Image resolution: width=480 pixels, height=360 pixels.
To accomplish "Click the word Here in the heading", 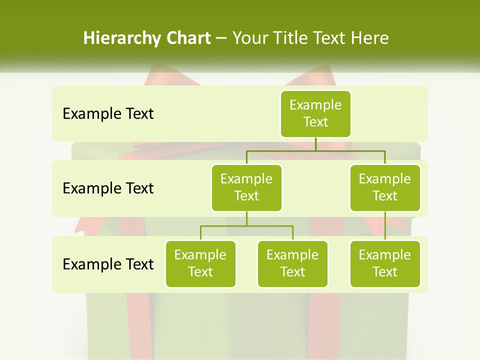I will [370, 38].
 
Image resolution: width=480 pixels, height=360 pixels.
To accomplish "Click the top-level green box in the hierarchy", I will [315, 113].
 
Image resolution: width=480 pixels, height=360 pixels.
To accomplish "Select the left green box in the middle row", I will [246, 187].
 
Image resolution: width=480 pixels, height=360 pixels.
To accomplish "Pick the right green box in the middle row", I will [385, 187].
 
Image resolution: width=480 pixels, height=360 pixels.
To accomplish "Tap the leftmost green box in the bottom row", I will [200, 263].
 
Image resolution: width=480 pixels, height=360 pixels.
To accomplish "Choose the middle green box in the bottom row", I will [292, 263].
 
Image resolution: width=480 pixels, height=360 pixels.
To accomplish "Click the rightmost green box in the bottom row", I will [385, 263].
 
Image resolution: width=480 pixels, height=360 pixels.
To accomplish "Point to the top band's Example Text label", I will [108, 113].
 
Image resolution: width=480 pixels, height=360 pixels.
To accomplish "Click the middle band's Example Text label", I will [108, 188].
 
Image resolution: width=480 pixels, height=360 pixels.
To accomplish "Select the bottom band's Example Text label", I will [108, 264].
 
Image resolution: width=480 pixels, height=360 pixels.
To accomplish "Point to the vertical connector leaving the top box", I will [315, 143].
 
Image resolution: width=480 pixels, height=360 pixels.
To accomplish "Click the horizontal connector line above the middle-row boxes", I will [315, 149].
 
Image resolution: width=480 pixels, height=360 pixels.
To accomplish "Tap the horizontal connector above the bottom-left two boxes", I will [246, 226].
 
